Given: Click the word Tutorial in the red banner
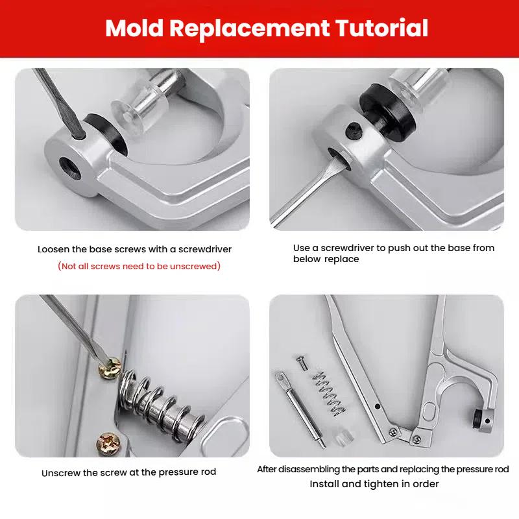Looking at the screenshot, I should pyautogui.click(x=381, y=28).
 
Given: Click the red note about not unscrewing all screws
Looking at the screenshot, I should pyautogui.click(x=139, y=266).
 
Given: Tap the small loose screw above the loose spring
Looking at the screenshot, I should pyautogui.click(x=302, y=363).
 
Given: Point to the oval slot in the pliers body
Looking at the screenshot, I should pyautogui.click(x=428, y=413).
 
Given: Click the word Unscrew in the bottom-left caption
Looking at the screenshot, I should pyautogui.click(x=62, y=473).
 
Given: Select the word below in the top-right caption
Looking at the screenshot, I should pyautogui.click(x=307, y=259).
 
